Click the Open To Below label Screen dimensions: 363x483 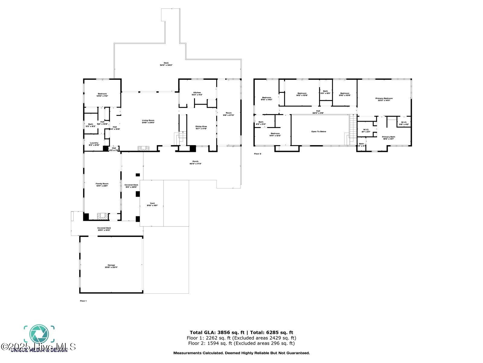319,132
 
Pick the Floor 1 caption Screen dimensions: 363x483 83,301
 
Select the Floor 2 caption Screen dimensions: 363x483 257,154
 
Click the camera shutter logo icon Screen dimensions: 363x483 39,334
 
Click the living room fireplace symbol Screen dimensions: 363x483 143,148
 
